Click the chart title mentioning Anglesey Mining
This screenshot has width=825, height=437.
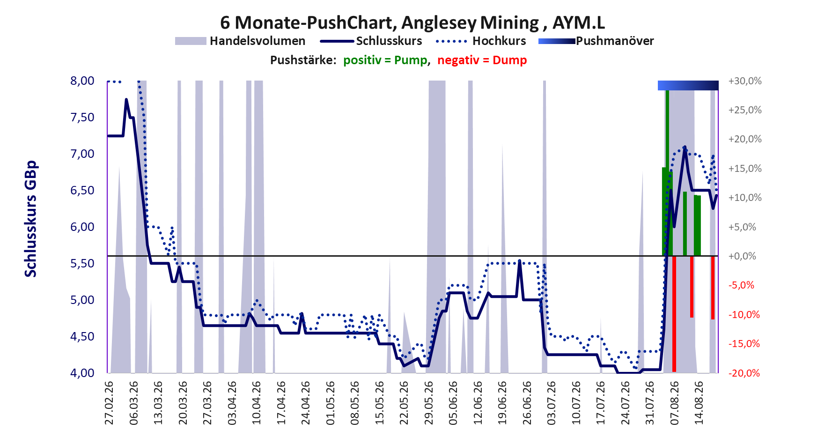412,22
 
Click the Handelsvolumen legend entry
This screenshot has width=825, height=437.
240,41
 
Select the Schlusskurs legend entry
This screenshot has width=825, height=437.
371,41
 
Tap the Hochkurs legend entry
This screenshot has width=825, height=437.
481,41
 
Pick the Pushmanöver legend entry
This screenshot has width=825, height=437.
596,41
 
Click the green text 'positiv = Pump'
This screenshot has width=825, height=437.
385,60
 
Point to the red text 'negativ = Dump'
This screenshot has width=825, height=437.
482,60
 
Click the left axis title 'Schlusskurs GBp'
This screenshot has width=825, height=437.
30,219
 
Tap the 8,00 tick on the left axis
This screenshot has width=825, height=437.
82,81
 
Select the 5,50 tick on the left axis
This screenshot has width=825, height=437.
82,263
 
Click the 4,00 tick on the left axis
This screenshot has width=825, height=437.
82,373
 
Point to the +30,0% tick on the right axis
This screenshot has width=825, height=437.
745,81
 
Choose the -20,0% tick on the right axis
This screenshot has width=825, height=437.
744,373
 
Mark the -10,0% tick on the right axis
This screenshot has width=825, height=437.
744,314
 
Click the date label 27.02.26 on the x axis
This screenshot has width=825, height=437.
109,403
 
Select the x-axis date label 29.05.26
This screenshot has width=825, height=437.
428,403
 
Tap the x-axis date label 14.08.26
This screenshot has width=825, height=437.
699,403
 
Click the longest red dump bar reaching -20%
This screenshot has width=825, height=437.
674,314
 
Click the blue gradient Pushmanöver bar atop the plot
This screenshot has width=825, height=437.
688,85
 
